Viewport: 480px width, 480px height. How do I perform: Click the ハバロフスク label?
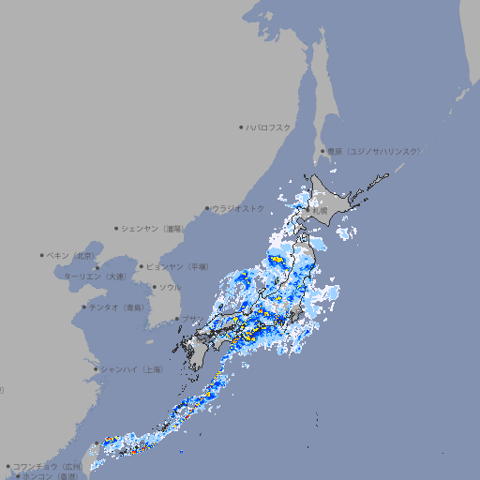tap(269, 127)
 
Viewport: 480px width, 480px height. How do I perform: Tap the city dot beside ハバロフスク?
tap(241, 127)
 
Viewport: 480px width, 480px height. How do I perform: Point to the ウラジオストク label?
tap(238, 208)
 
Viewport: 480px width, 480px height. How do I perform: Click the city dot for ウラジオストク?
tap(207, 209)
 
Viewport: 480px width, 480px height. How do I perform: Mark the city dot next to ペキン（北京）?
tap(42, 255)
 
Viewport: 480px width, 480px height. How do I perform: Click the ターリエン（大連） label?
tap(94, 277)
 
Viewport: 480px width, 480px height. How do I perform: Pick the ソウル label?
tap(170, 287)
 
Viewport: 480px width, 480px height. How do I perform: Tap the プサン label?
tap(191, 320)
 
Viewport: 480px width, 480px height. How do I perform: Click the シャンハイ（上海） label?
tap(131, 369)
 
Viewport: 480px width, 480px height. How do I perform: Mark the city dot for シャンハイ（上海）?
tap(96, 369)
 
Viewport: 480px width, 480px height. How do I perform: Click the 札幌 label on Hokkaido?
tap(321, 211)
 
